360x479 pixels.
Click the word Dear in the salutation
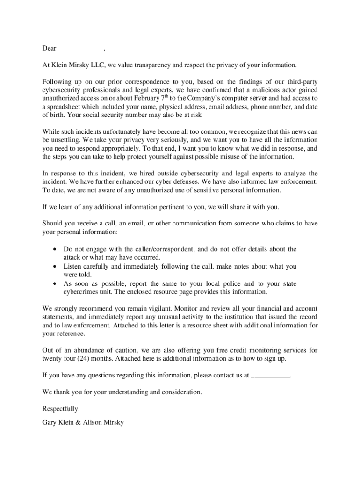click(49, 49)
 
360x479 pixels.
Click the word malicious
click(267, 90)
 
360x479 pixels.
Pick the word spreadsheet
click(66, 107)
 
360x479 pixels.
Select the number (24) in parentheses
click(85, 359)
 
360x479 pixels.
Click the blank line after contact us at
click(270, 375)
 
